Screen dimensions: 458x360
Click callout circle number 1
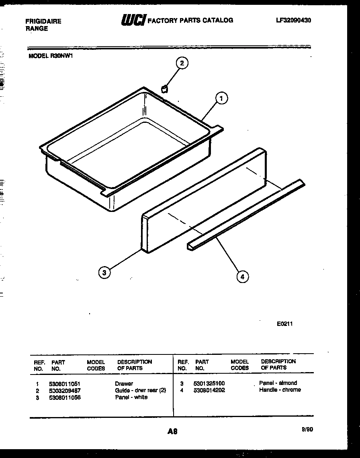pos(221,98)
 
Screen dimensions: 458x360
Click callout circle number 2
pos(182,63)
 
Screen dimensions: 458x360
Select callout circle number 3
pos(104,273)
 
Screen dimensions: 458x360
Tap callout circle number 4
pos(242,276)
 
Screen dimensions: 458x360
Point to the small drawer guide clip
pos(164,88)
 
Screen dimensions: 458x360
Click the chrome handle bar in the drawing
pos(245,217)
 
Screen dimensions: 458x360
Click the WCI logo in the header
pos(133,20)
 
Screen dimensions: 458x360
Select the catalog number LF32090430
pos(293,20)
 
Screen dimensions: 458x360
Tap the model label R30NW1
pos(50,56)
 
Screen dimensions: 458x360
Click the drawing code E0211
pos(284,324)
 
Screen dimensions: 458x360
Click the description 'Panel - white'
pos(131,397)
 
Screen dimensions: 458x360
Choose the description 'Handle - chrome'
pos(280,390)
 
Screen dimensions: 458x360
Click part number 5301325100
pos(210,383)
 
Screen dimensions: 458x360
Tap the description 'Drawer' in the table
pos(124,384)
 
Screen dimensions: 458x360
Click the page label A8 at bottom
pos(172,432)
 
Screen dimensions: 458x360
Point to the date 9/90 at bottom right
pos(307,429)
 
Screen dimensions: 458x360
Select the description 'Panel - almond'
pos(278,383)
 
